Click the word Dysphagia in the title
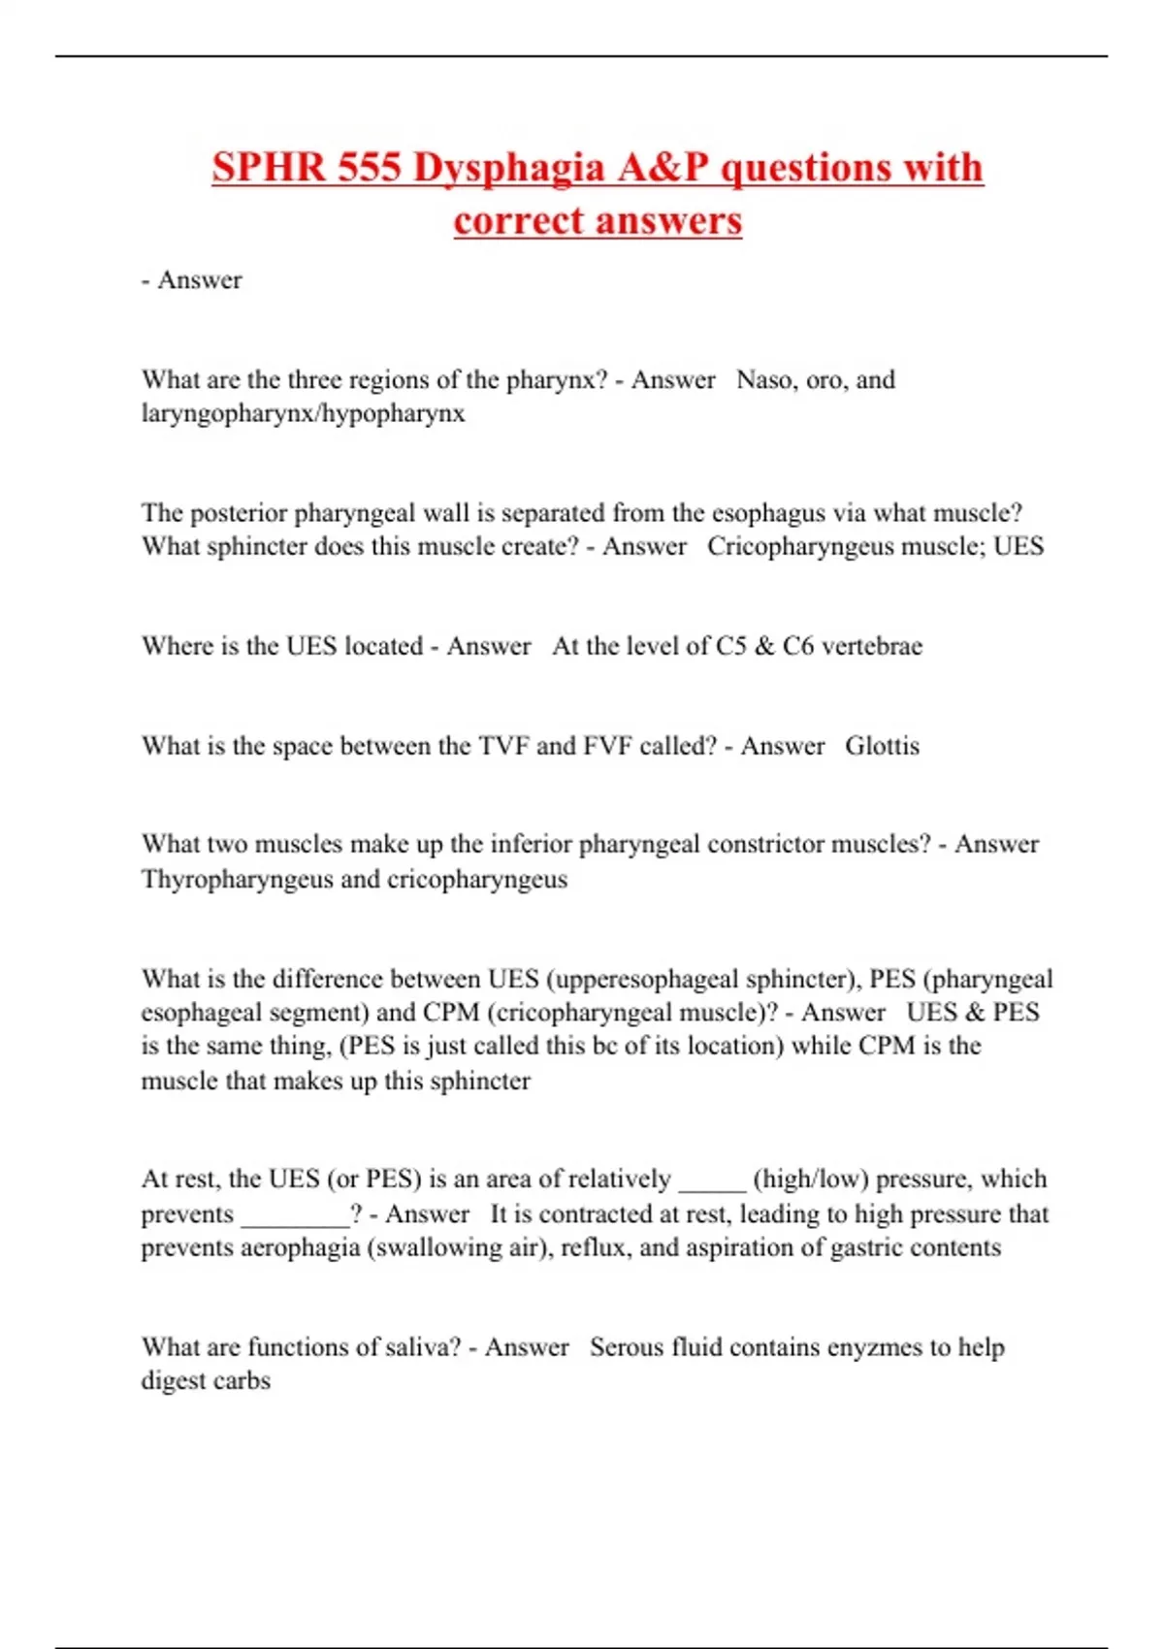coord(509,168)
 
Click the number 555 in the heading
coord(370,168)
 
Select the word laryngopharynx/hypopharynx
coord(303,413)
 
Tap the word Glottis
coord(882,746)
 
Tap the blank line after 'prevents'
coord(295,1214)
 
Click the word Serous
coord(627,1347)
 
